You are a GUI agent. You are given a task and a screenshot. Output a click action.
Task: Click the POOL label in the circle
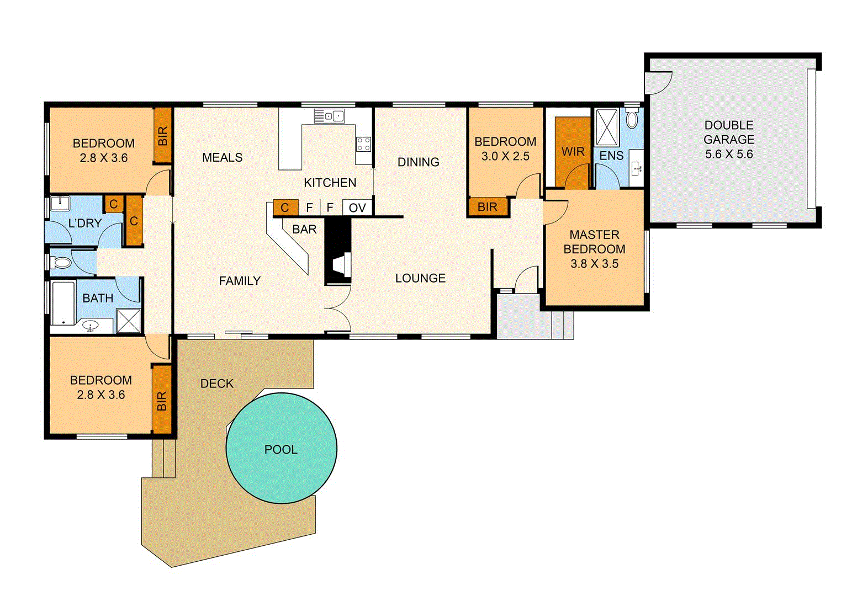pos(281,449)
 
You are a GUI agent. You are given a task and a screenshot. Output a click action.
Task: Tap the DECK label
pos(216,384)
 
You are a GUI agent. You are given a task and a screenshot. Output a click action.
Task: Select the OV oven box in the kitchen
pos(357,207)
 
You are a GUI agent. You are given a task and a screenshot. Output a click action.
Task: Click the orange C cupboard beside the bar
pos(285,207)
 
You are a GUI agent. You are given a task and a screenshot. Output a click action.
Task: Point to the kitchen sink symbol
pos(330,116)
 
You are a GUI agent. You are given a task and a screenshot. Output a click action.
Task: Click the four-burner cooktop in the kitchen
pos(363,145)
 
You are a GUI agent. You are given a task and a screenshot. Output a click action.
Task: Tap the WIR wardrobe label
pos(573,151)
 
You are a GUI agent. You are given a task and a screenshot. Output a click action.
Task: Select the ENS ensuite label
pos(611,156)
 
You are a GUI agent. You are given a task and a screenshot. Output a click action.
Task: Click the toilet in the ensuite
pos(632,119)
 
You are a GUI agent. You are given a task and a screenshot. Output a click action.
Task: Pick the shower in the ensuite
pos(607,127)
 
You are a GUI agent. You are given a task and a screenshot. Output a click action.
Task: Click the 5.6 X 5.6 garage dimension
pos(728,155)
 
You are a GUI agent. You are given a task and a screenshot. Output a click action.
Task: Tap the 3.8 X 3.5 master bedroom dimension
pos(594,264)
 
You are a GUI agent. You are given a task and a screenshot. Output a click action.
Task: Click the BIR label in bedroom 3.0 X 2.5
pos(487,207)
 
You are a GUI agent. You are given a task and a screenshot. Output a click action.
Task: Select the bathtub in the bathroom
pos(62,303)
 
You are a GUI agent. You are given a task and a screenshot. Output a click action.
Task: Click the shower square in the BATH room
pos(129,321)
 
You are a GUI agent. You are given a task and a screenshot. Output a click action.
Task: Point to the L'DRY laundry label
pos(84,223)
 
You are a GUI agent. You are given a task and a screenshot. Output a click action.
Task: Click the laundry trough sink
pos(60,204)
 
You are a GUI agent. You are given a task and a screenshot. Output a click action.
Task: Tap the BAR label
pos(304,229)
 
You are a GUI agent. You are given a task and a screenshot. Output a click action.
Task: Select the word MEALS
pos(222,157)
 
